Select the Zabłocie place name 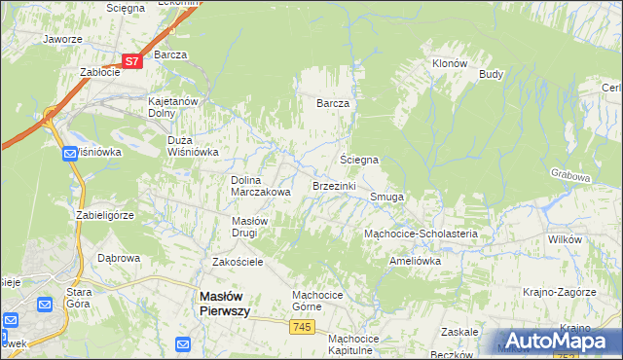[99, 72]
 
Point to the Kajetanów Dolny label [172, 107]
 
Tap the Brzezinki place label [334, 185]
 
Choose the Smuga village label [386, 197]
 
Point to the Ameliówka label [415, 261]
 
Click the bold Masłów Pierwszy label [224, 303]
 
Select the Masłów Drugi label [257, 227]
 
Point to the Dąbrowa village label [120, 259]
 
